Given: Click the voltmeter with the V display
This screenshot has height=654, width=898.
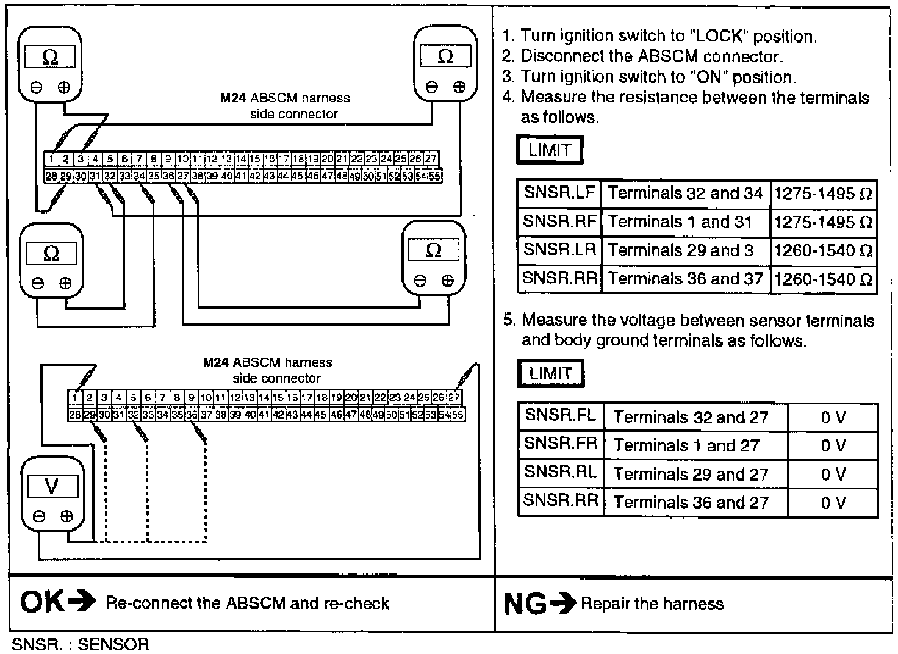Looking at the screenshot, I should pyautogui.click(x=52, y=494).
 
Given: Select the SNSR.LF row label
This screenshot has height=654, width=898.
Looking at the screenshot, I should pyautogui.click(x=559, y=193).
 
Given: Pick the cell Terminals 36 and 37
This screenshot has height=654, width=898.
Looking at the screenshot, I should pyautogui.click(x=685, y=279).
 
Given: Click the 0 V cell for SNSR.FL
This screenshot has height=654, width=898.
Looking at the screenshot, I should pyautogui.click(x=833, y=418).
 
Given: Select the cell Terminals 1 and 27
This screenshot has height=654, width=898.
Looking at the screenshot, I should pyautogui.click(x=686, y=446).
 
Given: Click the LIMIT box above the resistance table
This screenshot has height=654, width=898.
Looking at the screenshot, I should pyautogui.click(x=550, y=150).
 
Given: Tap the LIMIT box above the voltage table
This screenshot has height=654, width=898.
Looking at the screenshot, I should pyautogui.click(x=550, y=373).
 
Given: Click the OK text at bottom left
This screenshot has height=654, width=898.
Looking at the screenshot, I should pyautogui.click(x=41, y=603).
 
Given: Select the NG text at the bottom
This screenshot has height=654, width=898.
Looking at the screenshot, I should pyautogui.click(x=525, y=604).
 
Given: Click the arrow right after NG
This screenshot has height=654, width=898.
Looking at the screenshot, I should pyautogui.click(x=563, y=604).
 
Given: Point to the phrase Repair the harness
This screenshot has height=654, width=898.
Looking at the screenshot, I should pyautogui.click(x=652, y=604).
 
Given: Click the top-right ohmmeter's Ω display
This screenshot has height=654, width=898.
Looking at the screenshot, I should pyautogui.click(x=445, y=57).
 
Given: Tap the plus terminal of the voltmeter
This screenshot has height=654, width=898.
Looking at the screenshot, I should pyautogui.click(x=66, y=517).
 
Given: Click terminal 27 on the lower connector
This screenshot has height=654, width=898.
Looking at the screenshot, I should pyautogui.click(x=454, y=398).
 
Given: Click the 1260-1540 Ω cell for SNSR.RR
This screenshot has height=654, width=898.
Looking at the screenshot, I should pyautogui.click(x=823, y=280).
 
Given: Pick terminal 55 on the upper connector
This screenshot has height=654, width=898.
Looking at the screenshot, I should pyautogui.click(x=435, y=176).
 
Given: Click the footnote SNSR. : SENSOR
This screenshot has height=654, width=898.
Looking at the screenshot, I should pyautogui.click(x=80, y=644).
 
